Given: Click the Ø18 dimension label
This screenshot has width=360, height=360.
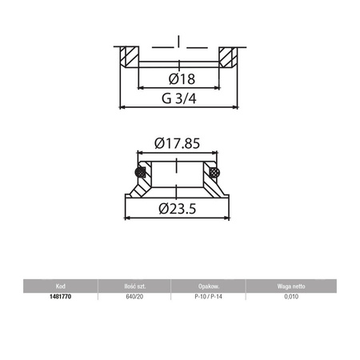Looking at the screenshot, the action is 182,79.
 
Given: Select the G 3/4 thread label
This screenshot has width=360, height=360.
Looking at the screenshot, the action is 179,98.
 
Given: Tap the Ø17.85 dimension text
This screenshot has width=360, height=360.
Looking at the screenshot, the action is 177,143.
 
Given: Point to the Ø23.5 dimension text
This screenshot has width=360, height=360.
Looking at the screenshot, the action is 178,209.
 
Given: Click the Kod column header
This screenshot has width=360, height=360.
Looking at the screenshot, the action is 61,286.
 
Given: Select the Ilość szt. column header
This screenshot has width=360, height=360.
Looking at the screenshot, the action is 135,286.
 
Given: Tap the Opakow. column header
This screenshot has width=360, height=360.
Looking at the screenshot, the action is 209,286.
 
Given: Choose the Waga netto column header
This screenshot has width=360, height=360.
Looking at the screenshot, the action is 291,286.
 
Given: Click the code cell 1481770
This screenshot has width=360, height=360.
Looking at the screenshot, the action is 61,297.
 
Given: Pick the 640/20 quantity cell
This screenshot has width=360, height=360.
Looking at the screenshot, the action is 134,297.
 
